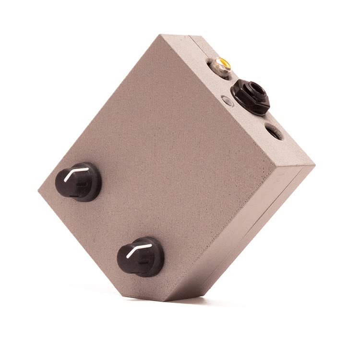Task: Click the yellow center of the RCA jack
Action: (x=223, y=62)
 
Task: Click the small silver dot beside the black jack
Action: (x=227, y=101)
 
